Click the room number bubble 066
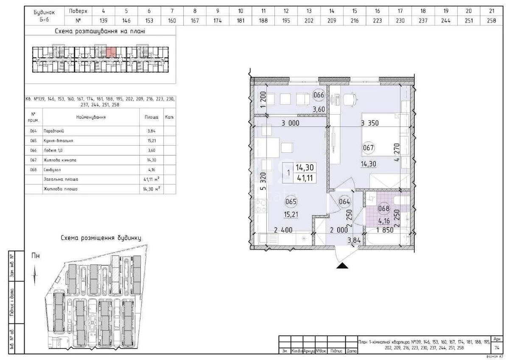pos(319,95)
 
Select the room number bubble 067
pos(369,148)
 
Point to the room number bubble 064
pos(344,202)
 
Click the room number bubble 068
pos(384,208)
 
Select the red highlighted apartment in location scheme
pos(111,52)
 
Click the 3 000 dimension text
pos(291,124)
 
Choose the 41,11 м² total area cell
pos(151,179)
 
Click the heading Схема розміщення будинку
pos(101,238)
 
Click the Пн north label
pos(36,256)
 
